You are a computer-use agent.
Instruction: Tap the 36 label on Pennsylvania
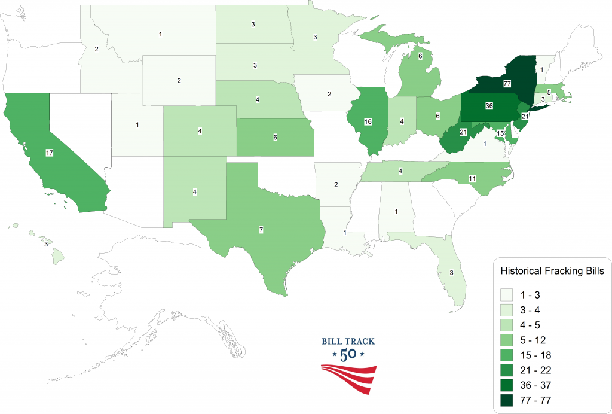[489, 106]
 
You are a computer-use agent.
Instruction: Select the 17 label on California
[50, 153]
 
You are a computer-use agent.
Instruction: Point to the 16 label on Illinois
[368, 121]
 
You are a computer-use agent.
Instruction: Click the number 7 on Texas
[261, 230]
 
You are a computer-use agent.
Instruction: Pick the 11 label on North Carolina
[472, 179]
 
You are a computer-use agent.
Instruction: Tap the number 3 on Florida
[443, 272]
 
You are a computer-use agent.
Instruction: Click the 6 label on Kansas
[275, 137]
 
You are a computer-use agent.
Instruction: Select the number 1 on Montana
[160, 34]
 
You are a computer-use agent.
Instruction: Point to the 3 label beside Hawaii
[45, 244]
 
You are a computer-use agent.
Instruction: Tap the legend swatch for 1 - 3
[509, 295]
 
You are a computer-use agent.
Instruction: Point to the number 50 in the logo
[348, 354]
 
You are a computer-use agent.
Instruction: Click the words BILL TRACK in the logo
[348, 342]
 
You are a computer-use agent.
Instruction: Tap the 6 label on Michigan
[421, 56]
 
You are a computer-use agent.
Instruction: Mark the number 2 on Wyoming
[179, 80]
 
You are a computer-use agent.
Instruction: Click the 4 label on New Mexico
[195, 192]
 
